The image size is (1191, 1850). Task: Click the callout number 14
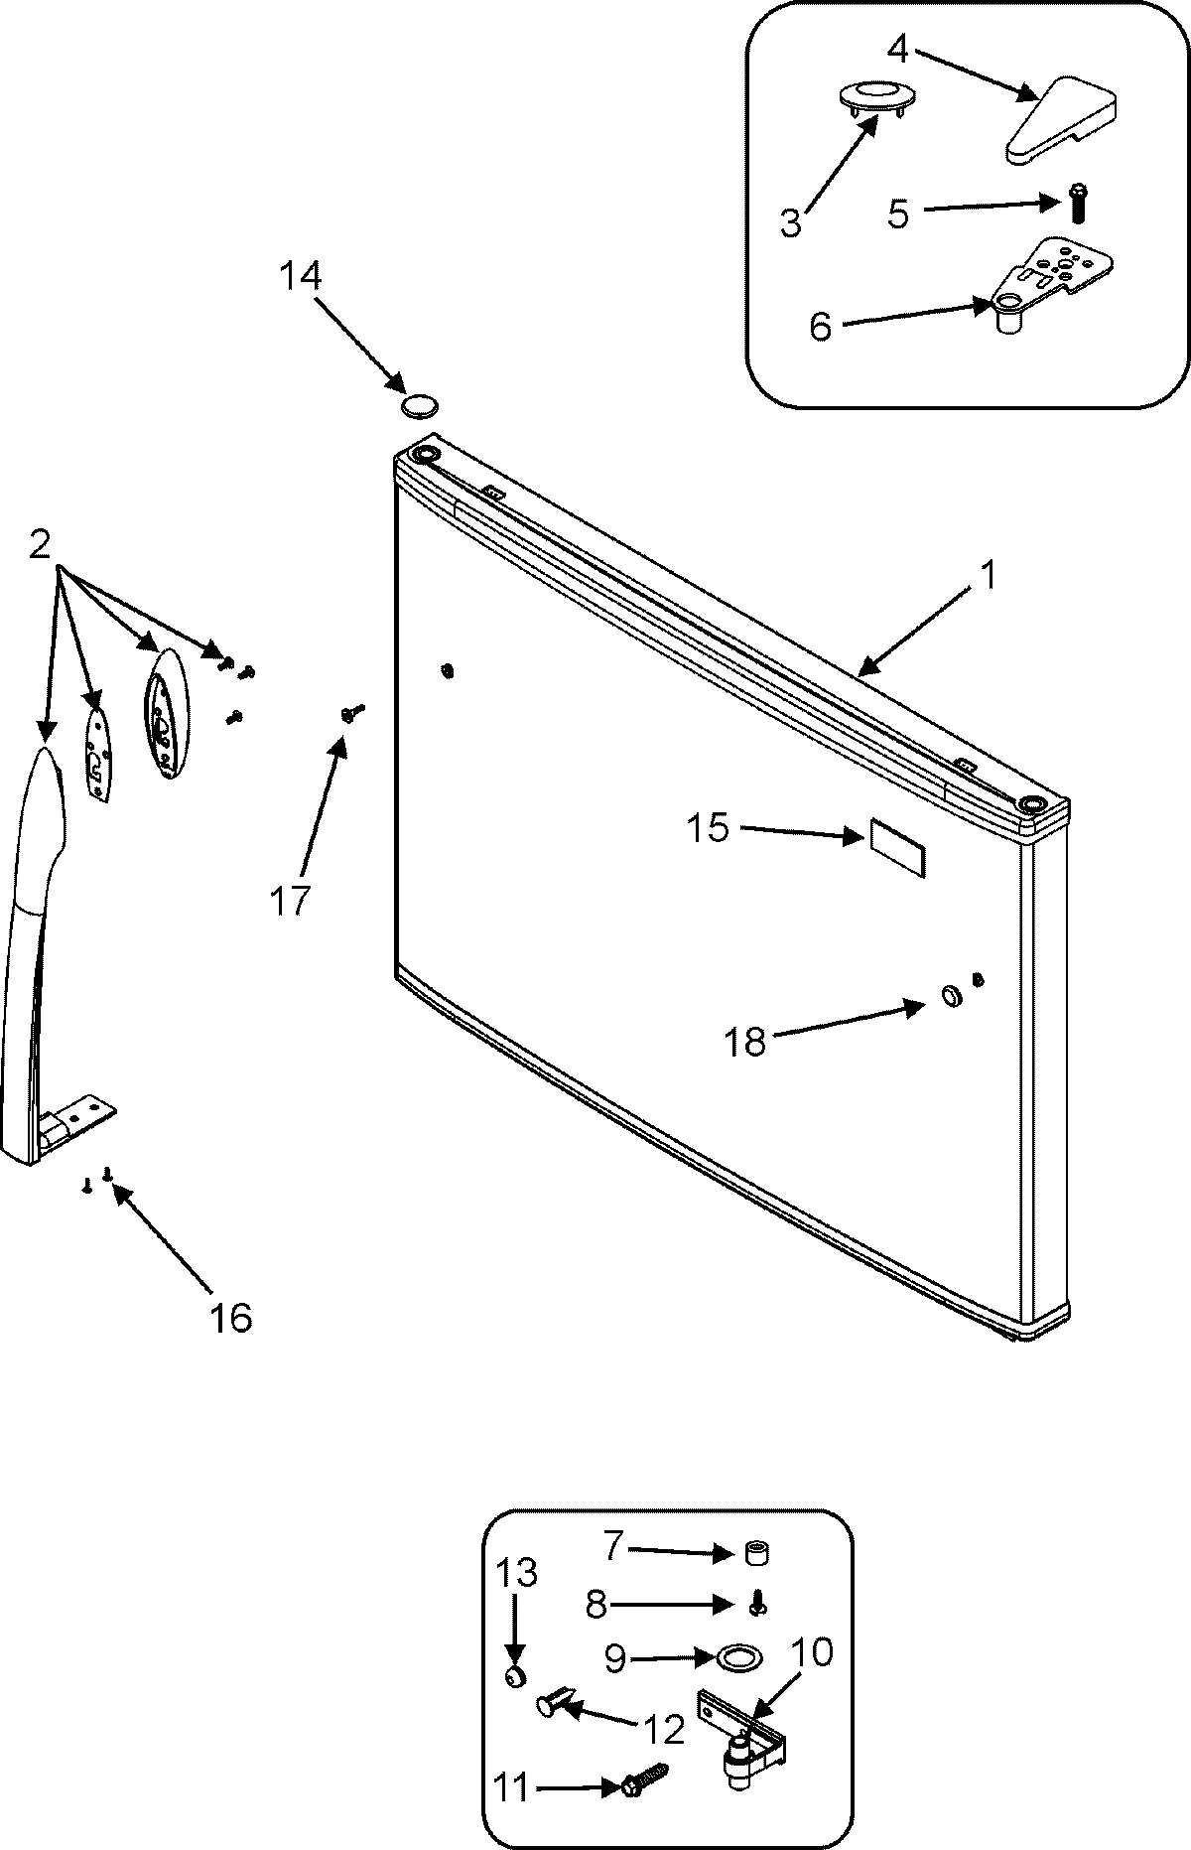coord(299,275)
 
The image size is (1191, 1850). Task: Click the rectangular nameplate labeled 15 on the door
coord(898,848)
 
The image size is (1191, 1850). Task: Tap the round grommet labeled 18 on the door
coord(950,997)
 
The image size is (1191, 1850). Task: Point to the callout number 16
coord(230,1318)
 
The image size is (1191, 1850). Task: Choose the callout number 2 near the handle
coord(40,544)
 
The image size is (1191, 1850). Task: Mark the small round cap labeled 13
coord(514,1677)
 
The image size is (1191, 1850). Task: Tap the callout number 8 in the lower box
coord(595,1605)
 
